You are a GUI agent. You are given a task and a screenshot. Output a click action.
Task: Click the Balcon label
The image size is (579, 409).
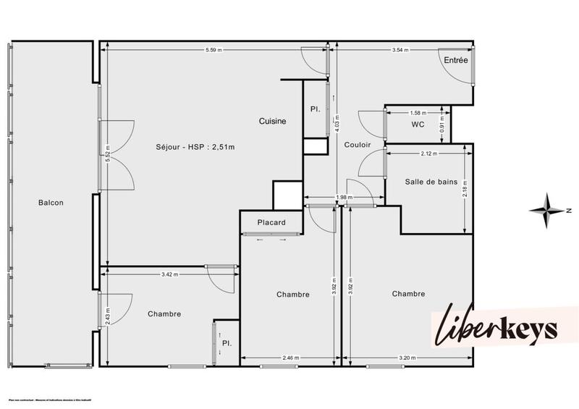[x=51, y=203]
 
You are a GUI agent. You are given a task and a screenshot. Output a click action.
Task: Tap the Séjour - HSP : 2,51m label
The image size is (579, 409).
[x=195, y=147]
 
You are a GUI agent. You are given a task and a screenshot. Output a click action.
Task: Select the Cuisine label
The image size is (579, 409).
[x=273, y=122]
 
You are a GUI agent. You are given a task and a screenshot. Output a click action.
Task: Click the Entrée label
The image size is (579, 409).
[x=456, y=61]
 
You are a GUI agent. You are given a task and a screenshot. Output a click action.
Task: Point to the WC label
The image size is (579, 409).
[x=418, y=125]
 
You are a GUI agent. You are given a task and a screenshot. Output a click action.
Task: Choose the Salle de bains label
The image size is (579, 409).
[x=431, y=182]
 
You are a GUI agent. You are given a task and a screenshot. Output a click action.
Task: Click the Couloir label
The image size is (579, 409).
[x=358, y=145]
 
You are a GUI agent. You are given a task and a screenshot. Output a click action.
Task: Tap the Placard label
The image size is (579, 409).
[x=271, y=222]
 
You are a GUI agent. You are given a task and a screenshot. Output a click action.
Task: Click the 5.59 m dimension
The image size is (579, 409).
[x=214, y=50]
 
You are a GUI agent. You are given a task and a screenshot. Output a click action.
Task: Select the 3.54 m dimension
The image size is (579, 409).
[x=400, y=50]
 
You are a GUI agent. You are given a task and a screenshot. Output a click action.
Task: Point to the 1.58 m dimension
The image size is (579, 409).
[x=418, y=113]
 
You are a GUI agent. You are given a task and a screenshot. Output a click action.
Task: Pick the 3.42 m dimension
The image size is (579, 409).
[x=170, y=274]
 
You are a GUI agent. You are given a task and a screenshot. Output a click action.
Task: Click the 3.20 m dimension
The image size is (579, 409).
[x=407, y=358]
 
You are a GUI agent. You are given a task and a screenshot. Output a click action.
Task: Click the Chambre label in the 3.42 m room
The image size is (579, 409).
[x=164, y=314]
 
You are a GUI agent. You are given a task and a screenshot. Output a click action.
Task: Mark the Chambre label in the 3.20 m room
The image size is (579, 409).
[x=408, y=294]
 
